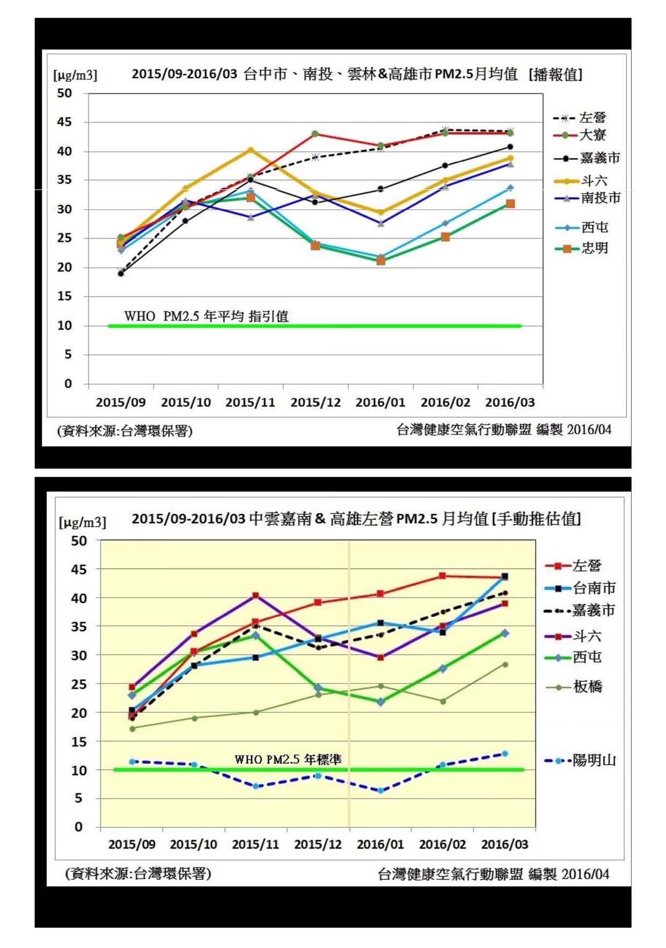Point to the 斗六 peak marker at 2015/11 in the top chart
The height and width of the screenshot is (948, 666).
251,150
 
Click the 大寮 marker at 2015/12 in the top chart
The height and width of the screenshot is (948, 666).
315,134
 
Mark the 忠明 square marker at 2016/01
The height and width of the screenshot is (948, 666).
380,261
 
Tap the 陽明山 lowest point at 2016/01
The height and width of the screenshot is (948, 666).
380,790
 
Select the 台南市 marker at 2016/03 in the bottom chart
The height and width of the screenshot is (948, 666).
504,577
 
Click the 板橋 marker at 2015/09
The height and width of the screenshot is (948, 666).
132,728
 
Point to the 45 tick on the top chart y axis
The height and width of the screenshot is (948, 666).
64,122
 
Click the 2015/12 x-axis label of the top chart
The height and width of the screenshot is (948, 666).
316,402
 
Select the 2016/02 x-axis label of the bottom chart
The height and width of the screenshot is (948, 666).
442,844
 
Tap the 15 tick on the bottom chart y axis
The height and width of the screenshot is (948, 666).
79,741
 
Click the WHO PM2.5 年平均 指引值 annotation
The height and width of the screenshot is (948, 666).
206,316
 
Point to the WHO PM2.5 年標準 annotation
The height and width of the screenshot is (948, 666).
288,759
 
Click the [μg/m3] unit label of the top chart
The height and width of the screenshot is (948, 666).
75,75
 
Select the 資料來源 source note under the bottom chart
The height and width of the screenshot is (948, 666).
138,873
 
